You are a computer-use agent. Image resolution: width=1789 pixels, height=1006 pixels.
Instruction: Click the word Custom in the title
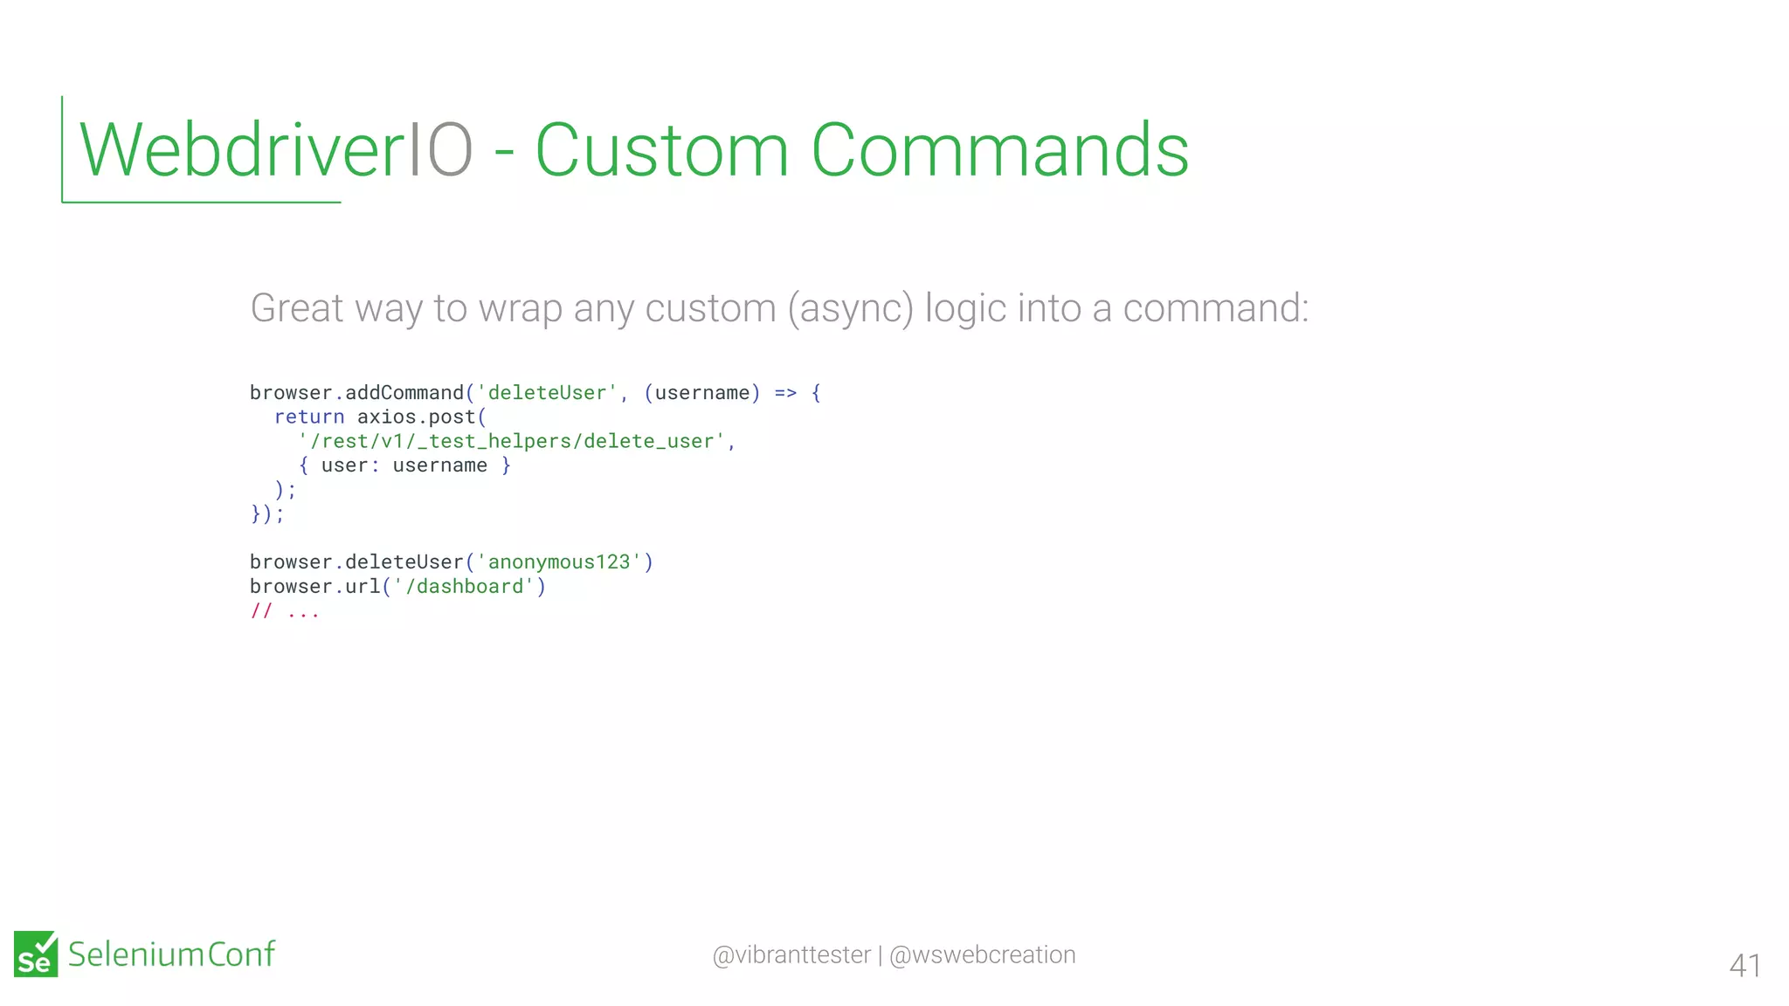click(661, 150)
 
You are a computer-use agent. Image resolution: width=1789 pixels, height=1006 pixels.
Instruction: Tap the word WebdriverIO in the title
click(276, 150)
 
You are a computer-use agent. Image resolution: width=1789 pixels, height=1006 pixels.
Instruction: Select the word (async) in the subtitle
click(850, 308)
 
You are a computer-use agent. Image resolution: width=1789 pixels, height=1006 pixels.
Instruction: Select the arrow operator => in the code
click(785, 393)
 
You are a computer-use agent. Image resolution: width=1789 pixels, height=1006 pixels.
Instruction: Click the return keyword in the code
click(309, 417)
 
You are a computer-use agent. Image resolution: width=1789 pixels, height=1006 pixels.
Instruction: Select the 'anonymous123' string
click(559, 562)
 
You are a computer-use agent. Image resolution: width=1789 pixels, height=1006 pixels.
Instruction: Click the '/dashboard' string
click(464, 587)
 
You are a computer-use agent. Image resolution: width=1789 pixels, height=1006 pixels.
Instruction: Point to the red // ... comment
click(285, 611)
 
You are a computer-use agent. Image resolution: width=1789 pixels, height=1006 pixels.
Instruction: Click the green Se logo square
click(36, 954)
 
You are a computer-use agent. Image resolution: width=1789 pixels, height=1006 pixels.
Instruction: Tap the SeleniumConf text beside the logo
click(171, 954)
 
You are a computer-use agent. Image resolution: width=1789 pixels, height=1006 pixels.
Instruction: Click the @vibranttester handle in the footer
click(791, 955)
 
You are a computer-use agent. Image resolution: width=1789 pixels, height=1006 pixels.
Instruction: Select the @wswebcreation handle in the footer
click(982, 955)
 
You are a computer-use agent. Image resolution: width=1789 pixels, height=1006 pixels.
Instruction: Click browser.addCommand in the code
click(356, 393)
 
